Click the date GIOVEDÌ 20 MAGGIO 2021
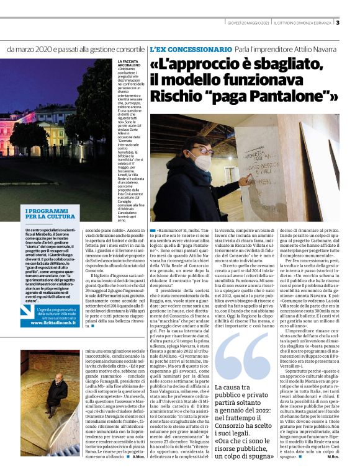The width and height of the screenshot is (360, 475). (x=248, y=23)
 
